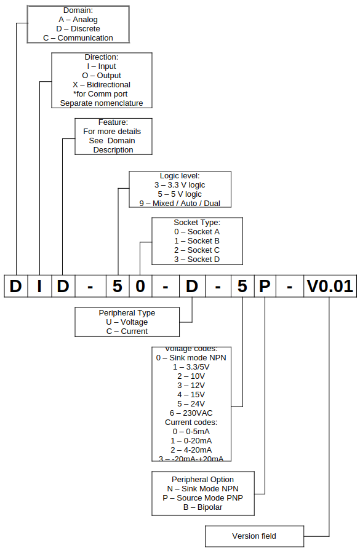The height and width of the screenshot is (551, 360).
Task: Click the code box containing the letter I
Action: [39, 287]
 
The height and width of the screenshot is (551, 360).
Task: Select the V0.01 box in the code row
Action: [329, 287]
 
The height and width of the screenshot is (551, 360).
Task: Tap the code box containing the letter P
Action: [265, 287]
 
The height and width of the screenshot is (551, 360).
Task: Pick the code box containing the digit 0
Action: [141, 287]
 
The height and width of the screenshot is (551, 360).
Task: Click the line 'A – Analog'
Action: [78, 20]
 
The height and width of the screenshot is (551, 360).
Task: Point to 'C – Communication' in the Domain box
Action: [78, 38]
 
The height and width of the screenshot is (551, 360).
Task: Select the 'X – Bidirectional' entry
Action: [102, 84]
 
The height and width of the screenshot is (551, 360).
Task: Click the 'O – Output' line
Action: [102, 75]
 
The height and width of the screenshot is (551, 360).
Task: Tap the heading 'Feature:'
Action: [113, 122]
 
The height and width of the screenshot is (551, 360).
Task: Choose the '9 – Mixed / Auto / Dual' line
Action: [180, 203]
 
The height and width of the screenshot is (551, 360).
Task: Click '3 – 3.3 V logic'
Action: [180, 184]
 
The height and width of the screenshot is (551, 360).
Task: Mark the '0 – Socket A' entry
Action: [197, 232]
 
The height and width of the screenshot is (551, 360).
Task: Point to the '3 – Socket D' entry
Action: [197, 260]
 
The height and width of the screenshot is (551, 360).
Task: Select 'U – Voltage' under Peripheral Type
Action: [127, 322]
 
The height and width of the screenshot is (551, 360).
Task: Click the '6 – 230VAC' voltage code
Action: [191, 413]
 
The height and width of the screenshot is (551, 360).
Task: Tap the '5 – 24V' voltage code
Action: [191, 403]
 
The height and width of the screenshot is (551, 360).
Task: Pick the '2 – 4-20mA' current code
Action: [191, 450]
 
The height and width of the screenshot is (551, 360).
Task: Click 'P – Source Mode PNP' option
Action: [202, 497]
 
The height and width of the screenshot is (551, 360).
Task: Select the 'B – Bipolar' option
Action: [202, 507]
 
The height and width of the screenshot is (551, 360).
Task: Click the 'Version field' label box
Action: [254, 536]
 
